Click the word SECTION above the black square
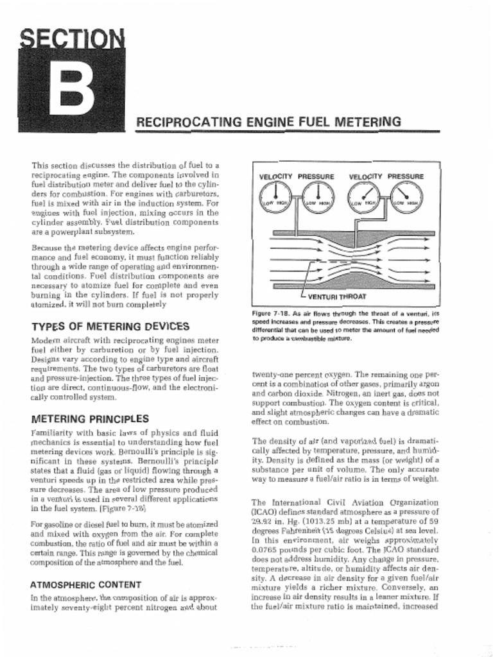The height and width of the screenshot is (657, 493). tap(71, 41)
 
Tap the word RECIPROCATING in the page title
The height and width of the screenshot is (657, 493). tap(180, 122)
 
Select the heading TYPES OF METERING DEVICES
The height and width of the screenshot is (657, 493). tap(110, 327)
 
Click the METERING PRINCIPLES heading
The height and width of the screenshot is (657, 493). tap(89, 419)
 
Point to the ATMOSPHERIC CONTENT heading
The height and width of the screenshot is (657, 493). tap(86, 584)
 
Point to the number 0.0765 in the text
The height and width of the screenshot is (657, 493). tap(265, 550)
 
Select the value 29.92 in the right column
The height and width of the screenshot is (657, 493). tap(264, 522)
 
